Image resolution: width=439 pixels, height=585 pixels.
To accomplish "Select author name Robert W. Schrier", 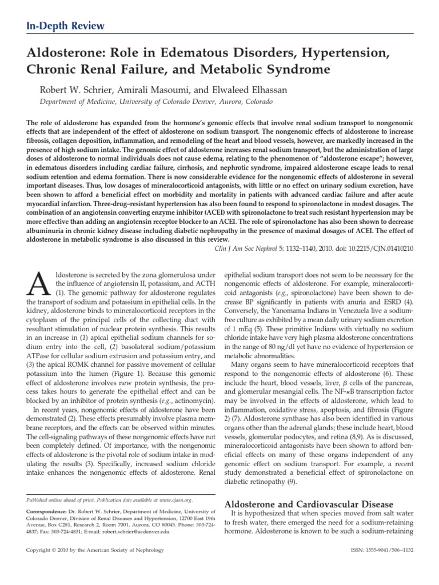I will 74,90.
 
